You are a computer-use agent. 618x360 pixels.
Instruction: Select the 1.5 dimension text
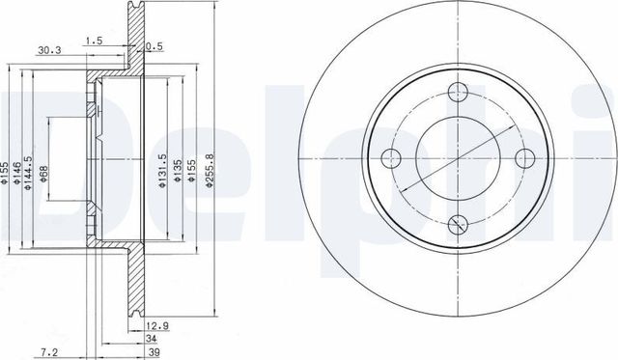tap(94, 42)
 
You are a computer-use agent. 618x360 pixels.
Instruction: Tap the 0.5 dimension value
tap(153, 46)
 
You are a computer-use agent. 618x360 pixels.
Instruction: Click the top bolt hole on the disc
tap(459, 95)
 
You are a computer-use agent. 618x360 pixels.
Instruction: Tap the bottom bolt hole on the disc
tap(459, 225)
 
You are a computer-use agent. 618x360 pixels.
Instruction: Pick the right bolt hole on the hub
tap(524, 159)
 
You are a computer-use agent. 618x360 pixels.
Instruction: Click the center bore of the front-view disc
tap(459, 159)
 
